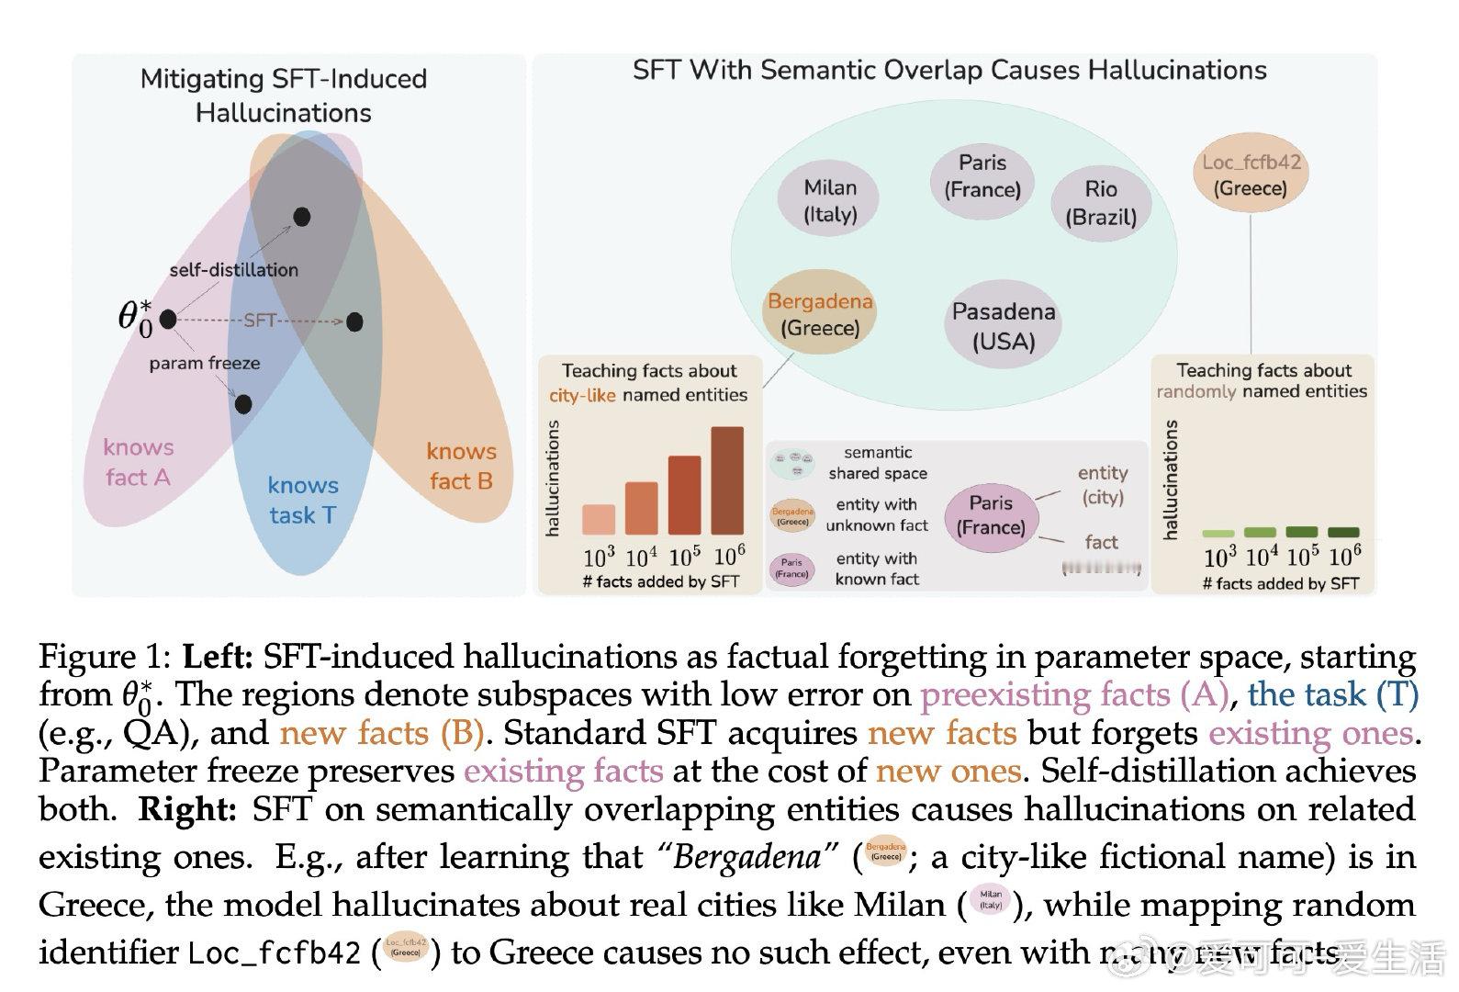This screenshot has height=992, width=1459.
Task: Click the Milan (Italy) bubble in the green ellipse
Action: point(829,200)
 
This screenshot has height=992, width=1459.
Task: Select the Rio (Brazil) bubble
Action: point(1100,202)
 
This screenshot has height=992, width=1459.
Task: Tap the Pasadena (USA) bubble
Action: point(1003,325)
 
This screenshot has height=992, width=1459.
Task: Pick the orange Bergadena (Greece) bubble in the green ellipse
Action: point(819,315)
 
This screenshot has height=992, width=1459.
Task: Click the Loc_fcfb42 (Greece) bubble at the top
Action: point(1251,175)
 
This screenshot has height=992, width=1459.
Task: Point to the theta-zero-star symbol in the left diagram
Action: point(135,318)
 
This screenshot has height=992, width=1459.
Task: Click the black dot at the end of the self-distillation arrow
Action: point(301,217)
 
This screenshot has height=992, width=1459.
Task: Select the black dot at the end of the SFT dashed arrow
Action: point(355,321)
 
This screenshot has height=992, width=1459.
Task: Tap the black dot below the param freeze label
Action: point(243,403)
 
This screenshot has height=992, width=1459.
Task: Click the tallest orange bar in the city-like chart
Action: point(727,479)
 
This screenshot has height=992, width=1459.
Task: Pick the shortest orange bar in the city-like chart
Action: point(599,519)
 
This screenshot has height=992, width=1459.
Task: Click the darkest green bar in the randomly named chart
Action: point(1344,532)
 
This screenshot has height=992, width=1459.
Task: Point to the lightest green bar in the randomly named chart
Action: point(1218,533)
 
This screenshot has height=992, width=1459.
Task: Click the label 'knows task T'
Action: point(303,500)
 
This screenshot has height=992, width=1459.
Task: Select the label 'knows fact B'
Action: point(461,466)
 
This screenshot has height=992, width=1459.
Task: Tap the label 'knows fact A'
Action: point(138,462)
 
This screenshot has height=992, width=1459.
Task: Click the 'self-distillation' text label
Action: point(233,270)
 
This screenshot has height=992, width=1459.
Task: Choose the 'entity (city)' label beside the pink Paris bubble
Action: point(1102,484)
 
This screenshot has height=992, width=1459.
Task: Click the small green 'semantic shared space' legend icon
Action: point(791,462)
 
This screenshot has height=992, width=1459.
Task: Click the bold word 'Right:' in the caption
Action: point(188,809)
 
